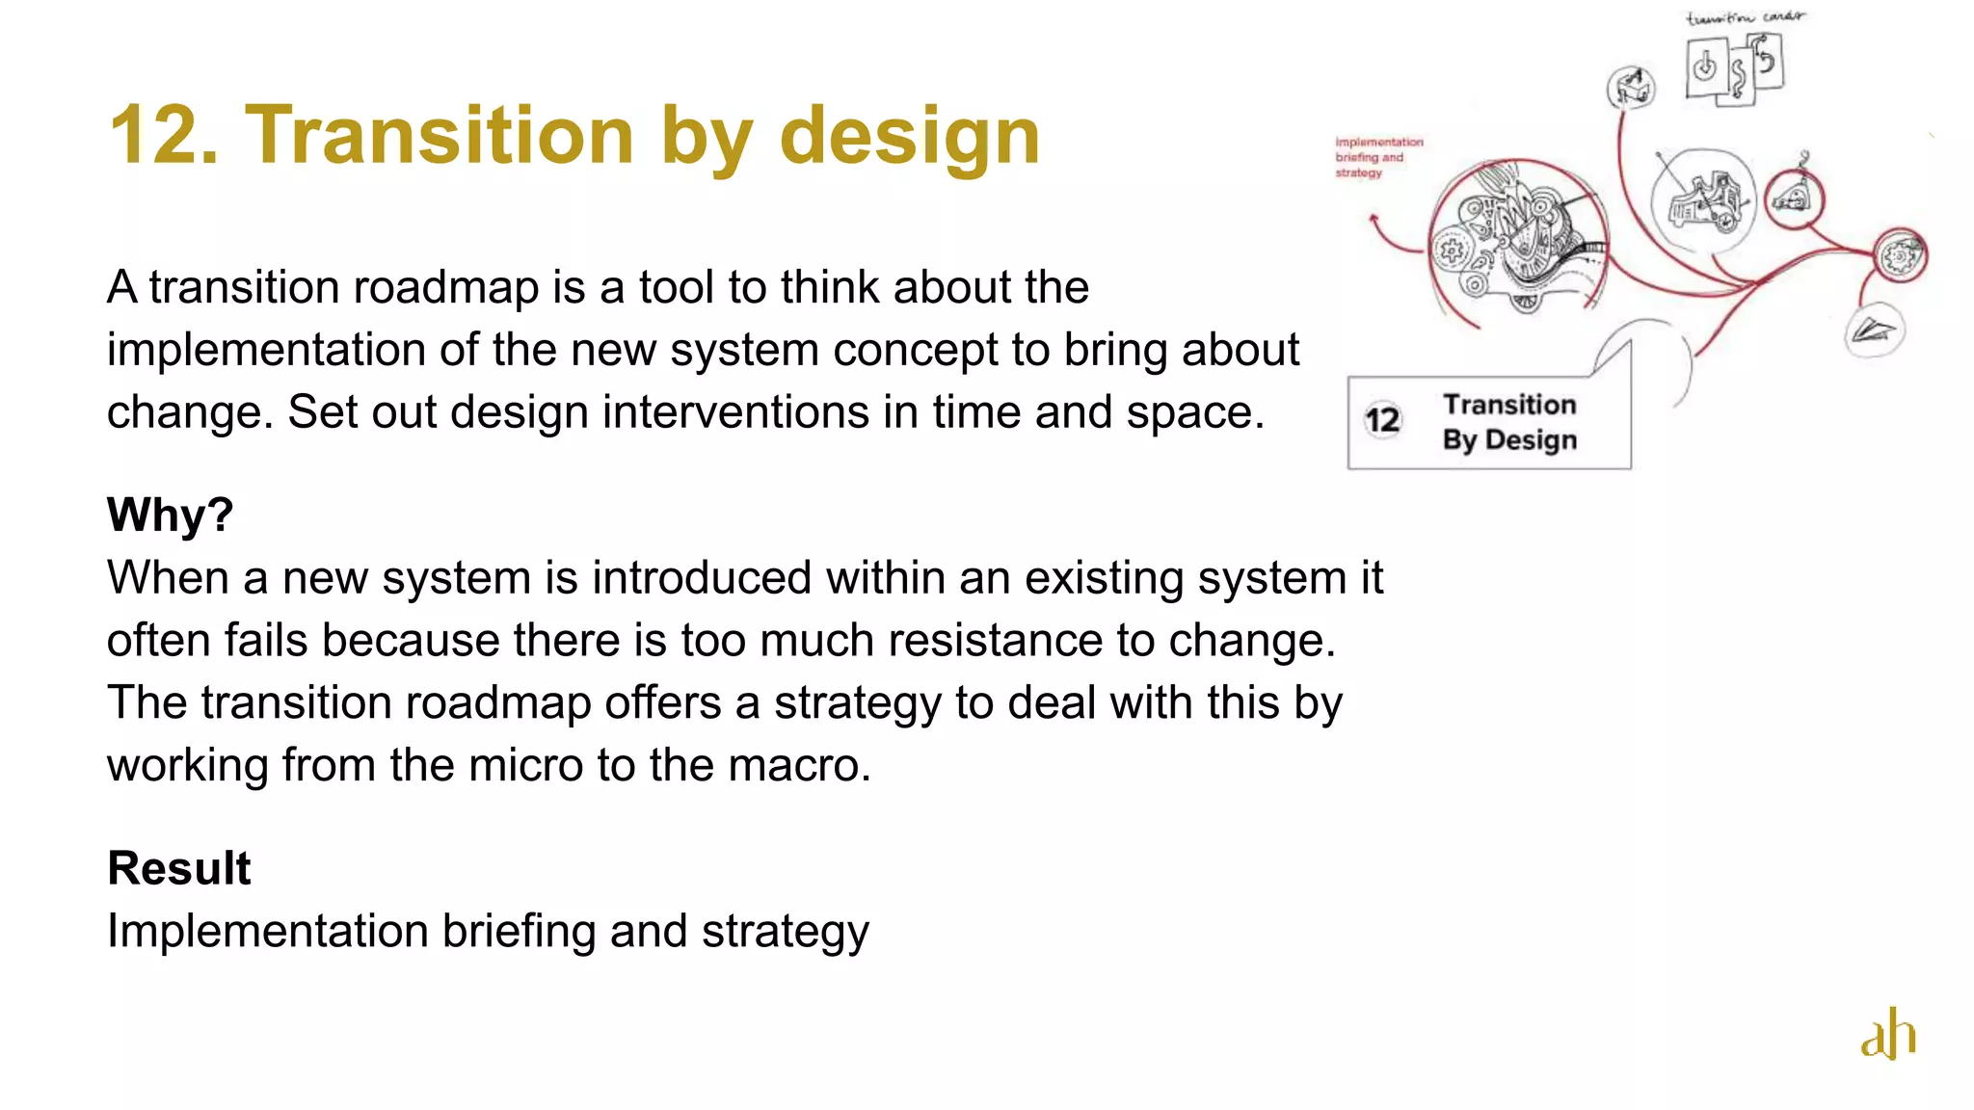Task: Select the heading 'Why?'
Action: click(x=170, y=515)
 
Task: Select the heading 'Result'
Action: click(x=178, y=868)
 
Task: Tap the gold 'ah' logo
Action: click(x=1887, y=1035)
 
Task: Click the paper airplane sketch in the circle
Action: click(x=1873, y=330)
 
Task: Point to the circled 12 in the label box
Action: click(x=1382, y=420)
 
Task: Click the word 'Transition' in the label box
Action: click(x=1509, y=405)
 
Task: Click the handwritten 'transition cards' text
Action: click(x=1745, y=17)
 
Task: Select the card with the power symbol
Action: click(x=1705, y=67)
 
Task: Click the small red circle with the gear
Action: click(x=1899, y=256)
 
